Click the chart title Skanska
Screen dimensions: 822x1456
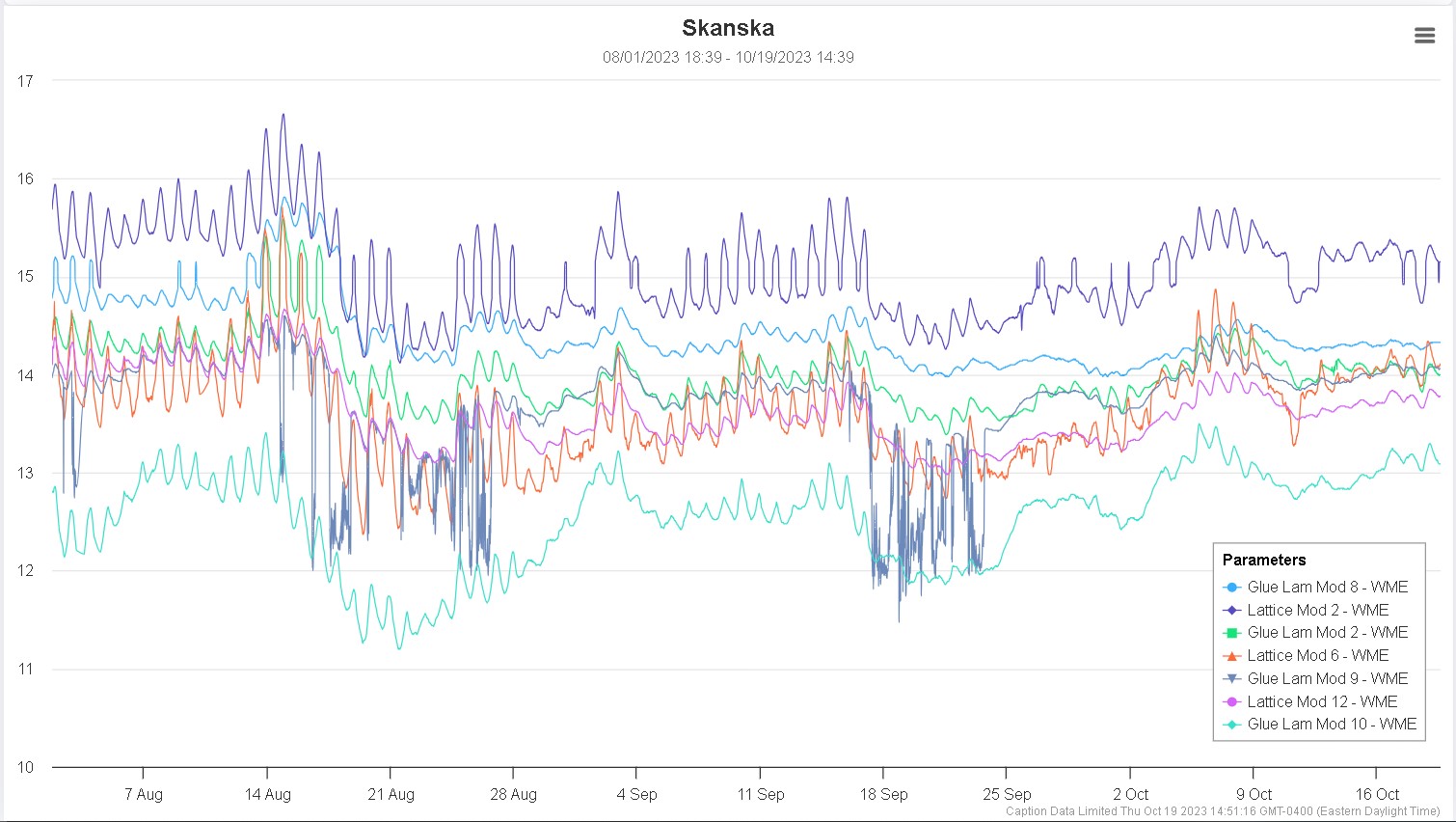point(728,28)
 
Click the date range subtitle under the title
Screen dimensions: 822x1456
point(728,57)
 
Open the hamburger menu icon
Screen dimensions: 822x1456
point(1424,36)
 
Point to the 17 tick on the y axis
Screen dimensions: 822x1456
point(25,81)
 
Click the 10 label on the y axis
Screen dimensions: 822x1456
point(25,767)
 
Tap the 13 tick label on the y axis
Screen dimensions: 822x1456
point(25,473)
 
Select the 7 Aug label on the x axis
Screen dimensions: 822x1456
point(143,794)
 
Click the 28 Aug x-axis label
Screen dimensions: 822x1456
point(513,794)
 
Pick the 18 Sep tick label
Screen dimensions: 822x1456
point(883,794)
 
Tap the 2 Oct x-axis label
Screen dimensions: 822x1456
point(1130,794)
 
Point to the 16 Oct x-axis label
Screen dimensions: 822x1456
point(1377,794)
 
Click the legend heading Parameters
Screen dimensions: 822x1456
point(1263,560)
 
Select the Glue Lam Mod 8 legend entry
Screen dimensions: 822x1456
point(1327,587)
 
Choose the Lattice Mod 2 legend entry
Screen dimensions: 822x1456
point(1317,610)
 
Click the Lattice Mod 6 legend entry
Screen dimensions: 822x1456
point(1317,655)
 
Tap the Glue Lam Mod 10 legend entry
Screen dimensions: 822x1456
point(1331,724)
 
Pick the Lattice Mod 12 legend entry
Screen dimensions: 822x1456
point(1321,701)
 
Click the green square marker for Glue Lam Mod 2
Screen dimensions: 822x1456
point(1231,633)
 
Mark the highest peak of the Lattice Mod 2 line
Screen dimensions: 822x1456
point(283,115)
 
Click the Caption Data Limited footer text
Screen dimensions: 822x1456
point(1223,811)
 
